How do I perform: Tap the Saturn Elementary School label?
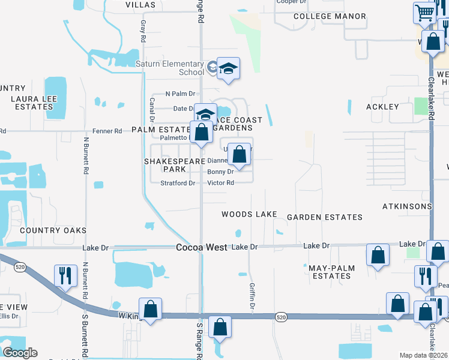(x=170, y=68)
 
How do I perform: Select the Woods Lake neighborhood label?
(x=249, y=214)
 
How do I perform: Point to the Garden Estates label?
(x=324, y=217)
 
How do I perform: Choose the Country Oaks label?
(x=53, y=230)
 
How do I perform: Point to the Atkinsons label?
(x=406, y=206)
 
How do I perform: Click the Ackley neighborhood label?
(x=382, y=107)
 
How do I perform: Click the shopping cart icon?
(x=425, y=13)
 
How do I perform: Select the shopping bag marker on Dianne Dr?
(x=239, y=154)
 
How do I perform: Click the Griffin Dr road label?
(x=253, y=298)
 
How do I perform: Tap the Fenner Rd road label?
(x=109, y=130)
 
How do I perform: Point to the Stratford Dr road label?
(x=178, y=183)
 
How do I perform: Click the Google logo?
(x=20, y=353)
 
